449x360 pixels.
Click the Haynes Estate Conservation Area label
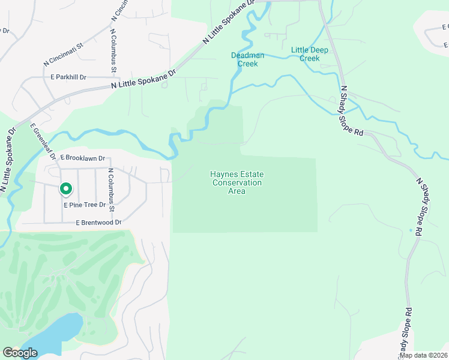[x=237, y=182]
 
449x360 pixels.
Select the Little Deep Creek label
[x=310, y=54]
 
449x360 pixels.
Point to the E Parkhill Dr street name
[x=68, y=77]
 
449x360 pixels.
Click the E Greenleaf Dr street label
[x=42, y=142]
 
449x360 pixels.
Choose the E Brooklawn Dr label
[x=82, y=158]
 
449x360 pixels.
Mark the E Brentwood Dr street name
[x=98, y=223]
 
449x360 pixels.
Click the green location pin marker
[x=66, y=190]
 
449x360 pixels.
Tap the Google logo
[x=20, y=353]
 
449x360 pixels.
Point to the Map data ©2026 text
[x=424, y=355]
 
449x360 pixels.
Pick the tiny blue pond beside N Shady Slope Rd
[x=411, y=230]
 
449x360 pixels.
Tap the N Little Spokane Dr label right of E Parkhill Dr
[x=143, y=81]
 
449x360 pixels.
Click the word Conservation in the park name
[x=237, y=182]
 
